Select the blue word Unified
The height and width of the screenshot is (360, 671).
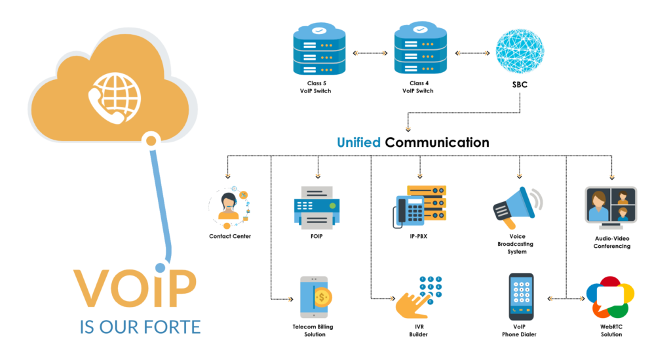(358, 142)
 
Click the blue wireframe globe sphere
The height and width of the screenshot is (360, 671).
(520, 51)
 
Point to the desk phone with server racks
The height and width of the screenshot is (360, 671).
(419, 206)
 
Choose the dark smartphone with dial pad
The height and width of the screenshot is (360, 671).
(521, 296)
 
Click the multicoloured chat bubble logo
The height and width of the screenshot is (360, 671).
(610, 297)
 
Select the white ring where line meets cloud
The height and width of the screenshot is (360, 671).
(151, 140)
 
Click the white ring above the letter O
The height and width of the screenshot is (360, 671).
(159, 266)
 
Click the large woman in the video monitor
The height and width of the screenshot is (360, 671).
(598, 205)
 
